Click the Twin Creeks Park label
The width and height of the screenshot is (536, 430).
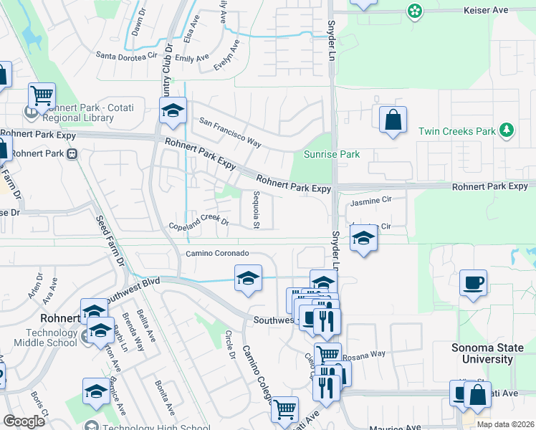[x=457, y=132]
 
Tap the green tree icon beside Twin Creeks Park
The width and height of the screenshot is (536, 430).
[x=507, y=130]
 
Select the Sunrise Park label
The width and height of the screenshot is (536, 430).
[x=331, y=154]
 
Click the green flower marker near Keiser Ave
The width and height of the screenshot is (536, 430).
[x=414, y=11]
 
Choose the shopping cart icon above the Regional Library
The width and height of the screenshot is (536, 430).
[x=42, y=95]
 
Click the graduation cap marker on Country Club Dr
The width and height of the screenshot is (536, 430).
[x=173, y=110]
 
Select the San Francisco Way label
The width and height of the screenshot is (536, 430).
[x=229, y=131]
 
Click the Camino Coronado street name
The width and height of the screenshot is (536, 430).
[x=217, y=254]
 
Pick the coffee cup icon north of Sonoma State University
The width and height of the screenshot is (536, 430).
[x=473, y=283]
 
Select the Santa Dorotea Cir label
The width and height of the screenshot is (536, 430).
[x=125, y=55]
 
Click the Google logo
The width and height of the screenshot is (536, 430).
[x=24, y=421]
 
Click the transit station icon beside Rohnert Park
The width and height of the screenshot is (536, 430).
[x=72, y=153]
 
